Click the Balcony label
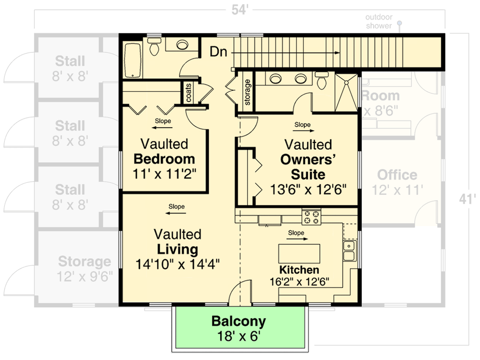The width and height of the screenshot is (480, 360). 239,321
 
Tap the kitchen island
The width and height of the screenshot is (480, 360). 300,253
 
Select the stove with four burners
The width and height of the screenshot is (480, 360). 311,217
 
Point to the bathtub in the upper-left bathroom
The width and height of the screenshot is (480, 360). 131,61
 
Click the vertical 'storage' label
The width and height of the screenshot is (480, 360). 248,92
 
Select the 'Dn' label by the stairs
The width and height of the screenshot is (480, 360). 218,52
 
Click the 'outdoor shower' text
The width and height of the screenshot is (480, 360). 379,22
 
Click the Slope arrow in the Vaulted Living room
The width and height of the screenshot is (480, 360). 176,207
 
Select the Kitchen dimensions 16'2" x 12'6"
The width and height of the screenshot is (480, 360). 299,281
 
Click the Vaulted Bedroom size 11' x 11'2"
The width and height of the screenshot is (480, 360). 164,173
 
